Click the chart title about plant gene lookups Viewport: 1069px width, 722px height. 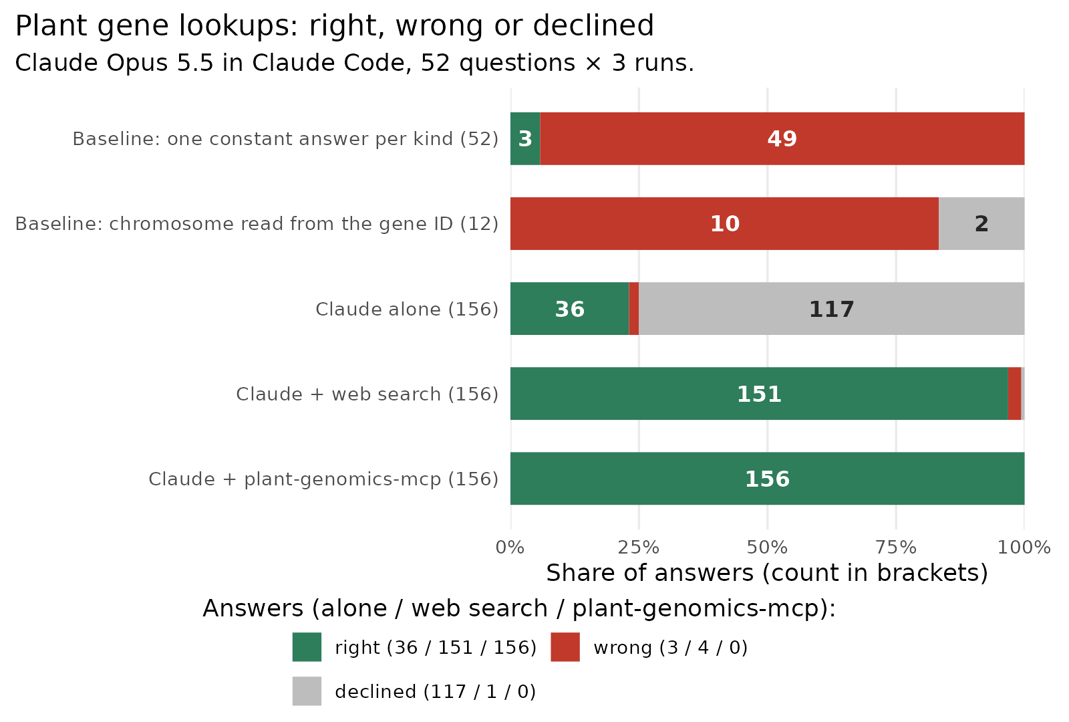click(x=334, y=26)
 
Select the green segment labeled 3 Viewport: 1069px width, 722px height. click(x=525, y=138)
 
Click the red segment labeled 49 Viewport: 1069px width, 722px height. click(x=782, y=138)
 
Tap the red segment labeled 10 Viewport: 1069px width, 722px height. click(x=724, y=223)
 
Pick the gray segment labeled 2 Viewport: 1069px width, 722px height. click(x=981, y=223)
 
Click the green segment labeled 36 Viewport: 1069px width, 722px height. click(x=569, y=308)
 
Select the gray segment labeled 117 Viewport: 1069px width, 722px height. click(x=831, y=308)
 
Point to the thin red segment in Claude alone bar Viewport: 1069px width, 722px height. click(x=634, y=308)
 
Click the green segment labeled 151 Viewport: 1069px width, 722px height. click(x=759, y=394)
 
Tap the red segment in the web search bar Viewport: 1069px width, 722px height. click(x=1015, y=394)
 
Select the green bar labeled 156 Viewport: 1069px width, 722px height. click(x=768, y=479)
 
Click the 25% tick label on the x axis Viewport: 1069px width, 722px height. click(x=639, y=548)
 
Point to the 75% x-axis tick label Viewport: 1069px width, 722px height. click(x=896, y=548)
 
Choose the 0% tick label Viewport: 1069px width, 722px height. click(x=510, y=548)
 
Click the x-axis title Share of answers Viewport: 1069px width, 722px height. click(x=767, y=573)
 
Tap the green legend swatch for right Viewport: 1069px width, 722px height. click(x=307, y=647)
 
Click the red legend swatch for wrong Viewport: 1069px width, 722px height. click(x=565, y=647)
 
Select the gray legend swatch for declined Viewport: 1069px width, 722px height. click(x=307, y=691)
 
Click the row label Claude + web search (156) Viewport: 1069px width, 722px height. click(x=367, y=394)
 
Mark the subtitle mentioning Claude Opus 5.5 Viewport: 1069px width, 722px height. click(x=355, y=63)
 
